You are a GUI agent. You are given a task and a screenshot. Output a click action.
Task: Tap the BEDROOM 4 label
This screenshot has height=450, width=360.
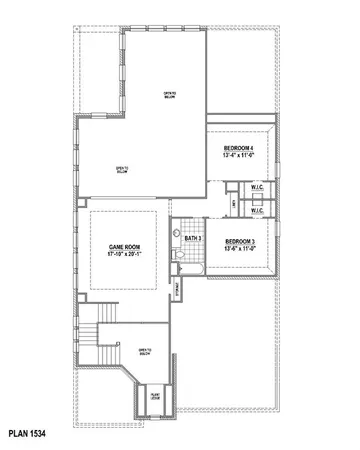point(243,147)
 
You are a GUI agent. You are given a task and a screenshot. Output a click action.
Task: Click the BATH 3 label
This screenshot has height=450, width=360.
point(193,239)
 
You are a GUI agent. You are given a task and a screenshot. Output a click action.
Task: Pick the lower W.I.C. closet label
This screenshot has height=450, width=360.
point(256,210)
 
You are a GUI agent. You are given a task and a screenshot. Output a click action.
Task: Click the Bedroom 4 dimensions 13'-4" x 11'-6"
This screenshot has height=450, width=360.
point(243,155)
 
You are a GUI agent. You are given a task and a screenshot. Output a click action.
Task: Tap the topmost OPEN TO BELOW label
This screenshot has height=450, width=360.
point(170,96)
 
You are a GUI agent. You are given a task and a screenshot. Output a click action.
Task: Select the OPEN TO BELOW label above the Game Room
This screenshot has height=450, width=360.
point(121,169)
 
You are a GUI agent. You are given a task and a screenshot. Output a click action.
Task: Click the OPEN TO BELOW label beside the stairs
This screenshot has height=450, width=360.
point(145,351)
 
